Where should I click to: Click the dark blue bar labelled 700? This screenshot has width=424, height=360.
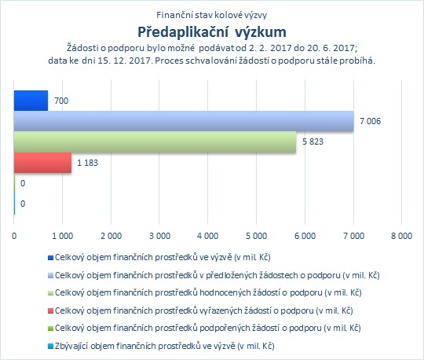[x=31, y=101]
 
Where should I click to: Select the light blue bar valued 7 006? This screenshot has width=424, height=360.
[x=184, y=121]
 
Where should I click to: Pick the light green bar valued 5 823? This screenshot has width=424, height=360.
[x=155, y=141]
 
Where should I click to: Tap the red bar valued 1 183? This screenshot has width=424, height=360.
[x=42, y=163]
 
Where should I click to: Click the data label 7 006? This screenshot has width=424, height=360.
[x=370, y=121]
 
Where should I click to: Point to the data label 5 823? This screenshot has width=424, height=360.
[x=313, y=141]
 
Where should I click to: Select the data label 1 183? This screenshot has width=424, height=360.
[x=88, y=163]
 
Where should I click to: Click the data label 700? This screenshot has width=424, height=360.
[x=61, y=101]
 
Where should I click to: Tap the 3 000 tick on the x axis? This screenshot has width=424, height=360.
[x=159, y=236]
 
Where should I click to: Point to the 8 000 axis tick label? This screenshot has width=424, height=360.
[x=401, y=236]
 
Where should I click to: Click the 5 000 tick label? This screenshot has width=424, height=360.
[x=256, y=236]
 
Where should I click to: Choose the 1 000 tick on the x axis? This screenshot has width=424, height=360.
[x=63, y=236]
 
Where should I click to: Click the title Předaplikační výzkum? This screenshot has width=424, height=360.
[x=212, y=31]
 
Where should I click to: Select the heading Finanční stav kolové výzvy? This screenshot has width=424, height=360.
[x=212, y=15]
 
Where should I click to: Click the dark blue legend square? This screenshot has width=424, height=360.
[x=50, y=258]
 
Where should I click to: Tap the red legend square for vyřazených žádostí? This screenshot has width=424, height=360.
[x=50, y=311]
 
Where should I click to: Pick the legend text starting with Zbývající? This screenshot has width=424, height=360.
[x=164, y=346]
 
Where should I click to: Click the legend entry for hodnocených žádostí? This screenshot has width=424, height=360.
[x=208, y=292]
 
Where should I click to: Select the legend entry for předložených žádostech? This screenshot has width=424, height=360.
[x=217, y=275]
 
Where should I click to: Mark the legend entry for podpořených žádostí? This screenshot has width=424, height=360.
[x=207, y=328]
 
